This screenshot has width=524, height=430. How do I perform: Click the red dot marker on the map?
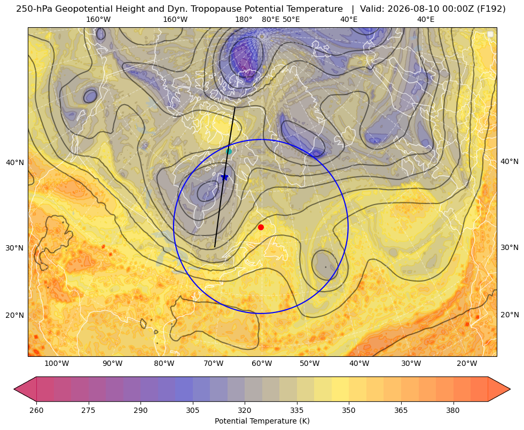coord(261,227)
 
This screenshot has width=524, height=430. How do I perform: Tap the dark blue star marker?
coord(224,177)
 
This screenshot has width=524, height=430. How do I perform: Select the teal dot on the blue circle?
coord(229,151)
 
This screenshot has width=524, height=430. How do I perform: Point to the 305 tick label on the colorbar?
coord(192,410)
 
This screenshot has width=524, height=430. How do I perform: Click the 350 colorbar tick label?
coord(349,410)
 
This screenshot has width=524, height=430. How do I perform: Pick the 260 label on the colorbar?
coord(36,410)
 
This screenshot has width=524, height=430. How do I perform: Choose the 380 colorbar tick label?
coord(453,410)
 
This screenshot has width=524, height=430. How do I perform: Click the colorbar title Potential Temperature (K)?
coord(262,421)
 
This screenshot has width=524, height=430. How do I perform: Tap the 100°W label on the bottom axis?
coord(57,364)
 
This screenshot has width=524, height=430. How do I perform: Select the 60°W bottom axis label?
coord(262,364)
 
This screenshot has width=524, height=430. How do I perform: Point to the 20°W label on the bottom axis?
coord(467,364)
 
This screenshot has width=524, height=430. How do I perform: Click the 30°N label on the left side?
coord(15,248)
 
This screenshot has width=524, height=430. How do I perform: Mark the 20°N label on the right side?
coord(510,315)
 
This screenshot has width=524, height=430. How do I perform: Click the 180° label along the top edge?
coord(244,19)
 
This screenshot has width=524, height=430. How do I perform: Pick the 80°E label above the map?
coord(270,19)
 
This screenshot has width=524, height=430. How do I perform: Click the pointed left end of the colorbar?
coord(14,389)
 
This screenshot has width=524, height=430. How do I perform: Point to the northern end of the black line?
coord(235,107)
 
